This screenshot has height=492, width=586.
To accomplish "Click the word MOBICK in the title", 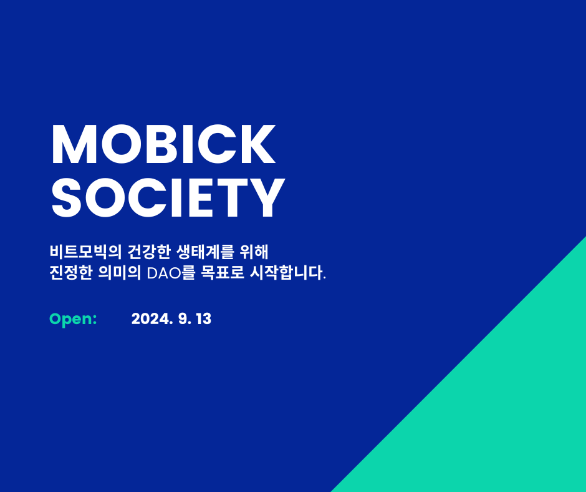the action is pos(163,144).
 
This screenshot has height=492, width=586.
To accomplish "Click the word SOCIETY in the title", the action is pos(168,198).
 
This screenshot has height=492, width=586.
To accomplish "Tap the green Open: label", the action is pos(74,320).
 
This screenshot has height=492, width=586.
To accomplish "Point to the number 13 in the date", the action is pos(204,319).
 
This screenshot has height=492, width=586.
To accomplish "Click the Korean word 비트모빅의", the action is pos(85,252).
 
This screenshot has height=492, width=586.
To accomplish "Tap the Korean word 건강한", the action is pos(149,252).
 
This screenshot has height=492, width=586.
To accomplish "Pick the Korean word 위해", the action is pos(254,252).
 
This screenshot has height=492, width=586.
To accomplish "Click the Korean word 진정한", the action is pos(70,273).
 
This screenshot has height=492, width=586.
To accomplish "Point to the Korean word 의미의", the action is pos(120,273).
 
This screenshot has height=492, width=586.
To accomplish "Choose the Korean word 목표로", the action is pos(223,273).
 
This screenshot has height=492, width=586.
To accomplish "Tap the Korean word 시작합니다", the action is pos(288,273).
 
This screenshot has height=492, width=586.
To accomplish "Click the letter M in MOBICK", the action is pos(70,144).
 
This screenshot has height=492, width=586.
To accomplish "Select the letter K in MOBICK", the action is pos(258,144).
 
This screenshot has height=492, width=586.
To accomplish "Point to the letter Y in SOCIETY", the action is pos(266,198).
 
